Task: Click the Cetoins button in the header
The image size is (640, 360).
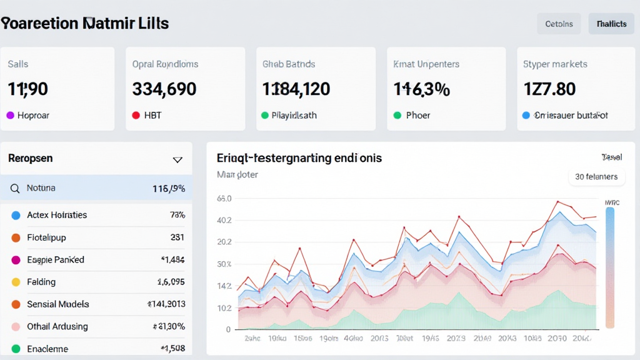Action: click(x=559, y=24)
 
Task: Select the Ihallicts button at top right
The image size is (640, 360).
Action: click(x=611, y=24)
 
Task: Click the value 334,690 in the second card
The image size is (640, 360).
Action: click(x=164, y=89)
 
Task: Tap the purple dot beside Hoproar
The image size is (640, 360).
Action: click(x=10, y=116)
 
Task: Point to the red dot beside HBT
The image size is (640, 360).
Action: click(x=136, y=116)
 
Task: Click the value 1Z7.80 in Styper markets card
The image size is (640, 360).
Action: click(x=549, y=89)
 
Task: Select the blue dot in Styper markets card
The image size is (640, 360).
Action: click(x=526, y=116)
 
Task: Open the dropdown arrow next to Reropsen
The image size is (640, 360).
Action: click(x=177, y=160)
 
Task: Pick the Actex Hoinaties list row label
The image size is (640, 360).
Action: click(x=57, y=215)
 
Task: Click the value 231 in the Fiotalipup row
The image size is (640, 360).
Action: click(x=177, y=237)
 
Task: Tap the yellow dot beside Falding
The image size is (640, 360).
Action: click(x=16, y=282)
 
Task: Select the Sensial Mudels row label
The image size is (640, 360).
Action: click(x=58, y=304)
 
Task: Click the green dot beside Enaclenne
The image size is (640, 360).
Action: click(x=16, y=349)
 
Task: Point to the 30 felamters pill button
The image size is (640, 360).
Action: click(x=596, y=177)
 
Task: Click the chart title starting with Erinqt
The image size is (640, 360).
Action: click(x=299, y=158)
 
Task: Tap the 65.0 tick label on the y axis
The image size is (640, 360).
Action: click(x=224, y=199)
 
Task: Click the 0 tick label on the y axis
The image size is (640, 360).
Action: click(x=228, y=329)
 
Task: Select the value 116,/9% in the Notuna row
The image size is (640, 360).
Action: click(x=169, y=188)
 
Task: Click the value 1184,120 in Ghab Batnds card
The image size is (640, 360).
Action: click(x=296, y=89)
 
